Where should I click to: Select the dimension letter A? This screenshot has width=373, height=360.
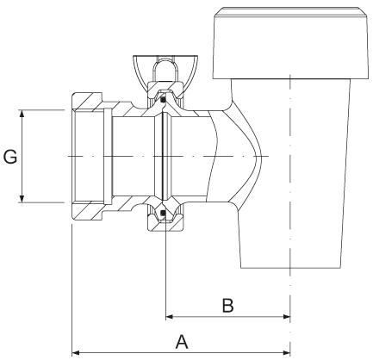pos(182,341)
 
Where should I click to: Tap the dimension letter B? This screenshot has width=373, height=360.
pos(227,305)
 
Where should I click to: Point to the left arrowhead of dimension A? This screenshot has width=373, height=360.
pos(77,351)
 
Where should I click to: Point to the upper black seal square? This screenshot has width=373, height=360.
pos(162,101)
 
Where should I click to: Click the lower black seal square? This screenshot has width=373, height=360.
pos(162,212)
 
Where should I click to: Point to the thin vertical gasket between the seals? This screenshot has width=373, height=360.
pos(162,156)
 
